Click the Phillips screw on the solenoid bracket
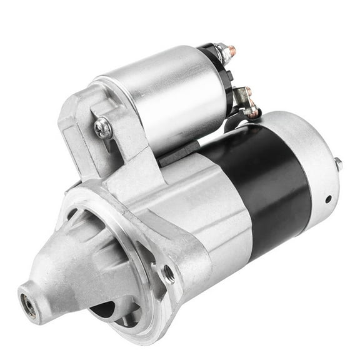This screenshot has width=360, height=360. tap(103, 128)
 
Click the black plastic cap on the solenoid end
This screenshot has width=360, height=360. tap(219, 69)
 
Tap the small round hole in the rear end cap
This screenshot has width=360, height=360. tap(327, 199)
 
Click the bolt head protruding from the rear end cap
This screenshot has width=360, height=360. tap(337, 164)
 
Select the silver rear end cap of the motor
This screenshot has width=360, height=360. tap(312, 156)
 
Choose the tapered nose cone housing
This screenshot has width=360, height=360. tap(69, 262)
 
